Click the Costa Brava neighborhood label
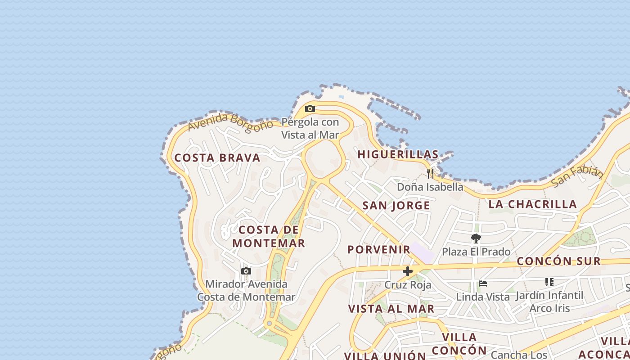point(217,158)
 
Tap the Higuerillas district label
point(398,154)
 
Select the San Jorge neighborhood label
point(396,206)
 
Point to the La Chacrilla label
point(533,204)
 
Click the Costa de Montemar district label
point(269,237)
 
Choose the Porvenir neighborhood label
point(379,249)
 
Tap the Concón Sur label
point(558,261)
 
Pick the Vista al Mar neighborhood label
point(391,309)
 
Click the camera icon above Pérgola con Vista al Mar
point(310,108)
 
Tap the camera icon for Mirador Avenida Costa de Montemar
point(246,271)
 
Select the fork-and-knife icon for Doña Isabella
point(430,173)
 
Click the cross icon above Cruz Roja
point(408,271)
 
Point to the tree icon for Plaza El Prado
point(476,238)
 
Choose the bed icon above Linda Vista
point(483,283)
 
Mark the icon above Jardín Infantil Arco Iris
point(549,282)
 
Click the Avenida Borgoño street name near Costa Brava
point(230,122)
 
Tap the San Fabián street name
point(577,176)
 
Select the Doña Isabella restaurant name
point(430,187)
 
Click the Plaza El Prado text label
point(476,252)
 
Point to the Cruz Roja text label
point(408,285)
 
